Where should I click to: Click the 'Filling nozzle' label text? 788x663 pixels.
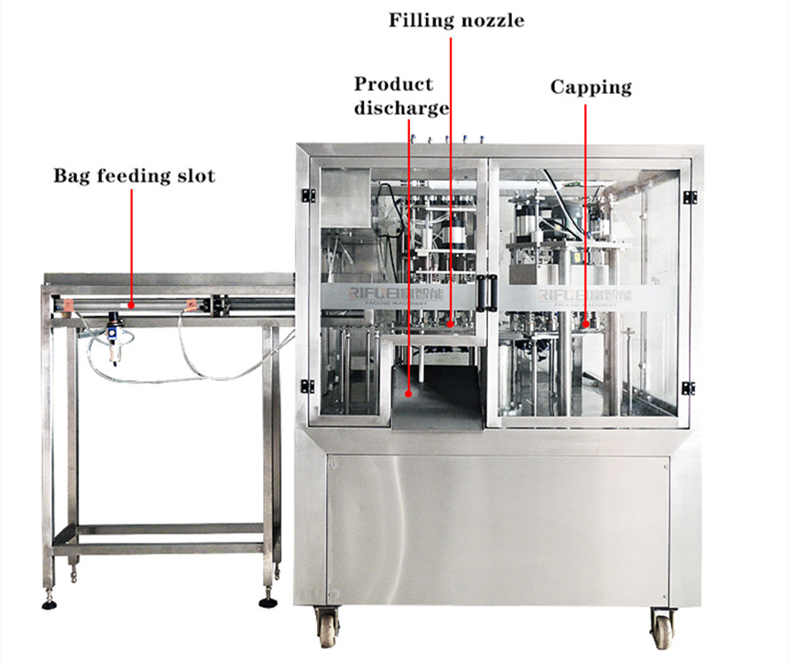pyautogui.click(x=456, y=19)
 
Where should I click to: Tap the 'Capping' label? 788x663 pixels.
pyautogui.click(x=591, y=87)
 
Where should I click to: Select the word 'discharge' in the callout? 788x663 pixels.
pyautogui.click(x=401, y=108)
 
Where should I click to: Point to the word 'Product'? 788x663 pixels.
pyautogui.click(x=393, y=84)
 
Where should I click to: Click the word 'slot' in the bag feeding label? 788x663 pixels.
pyautogui.click(x=197, y=175)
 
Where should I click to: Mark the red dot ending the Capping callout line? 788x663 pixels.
pyautogui.click(x=584, y=324)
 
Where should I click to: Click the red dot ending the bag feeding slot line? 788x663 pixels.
pyautogui.click(x=131, y=304)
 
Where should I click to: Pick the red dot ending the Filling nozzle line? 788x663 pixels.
pyautogui.click(x=450, y=324)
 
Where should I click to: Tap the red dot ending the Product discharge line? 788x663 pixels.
pyautogui.click(x=408, y=394)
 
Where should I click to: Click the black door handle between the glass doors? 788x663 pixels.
pyautogui.click(x=483, y=291)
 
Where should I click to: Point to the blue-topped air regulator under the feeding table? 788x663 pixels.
pyautogui.click(x=113, y=339)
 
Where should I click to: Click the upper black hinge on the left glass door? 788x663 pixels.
pyautogui.click(x=307, y=196)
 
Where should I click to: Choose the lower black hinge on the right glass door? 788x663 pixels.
pyautogui.click(x=688, y=388)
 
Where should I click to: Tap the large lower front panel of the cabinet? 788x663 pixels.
pyautogui.click(x=497, y=527)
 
